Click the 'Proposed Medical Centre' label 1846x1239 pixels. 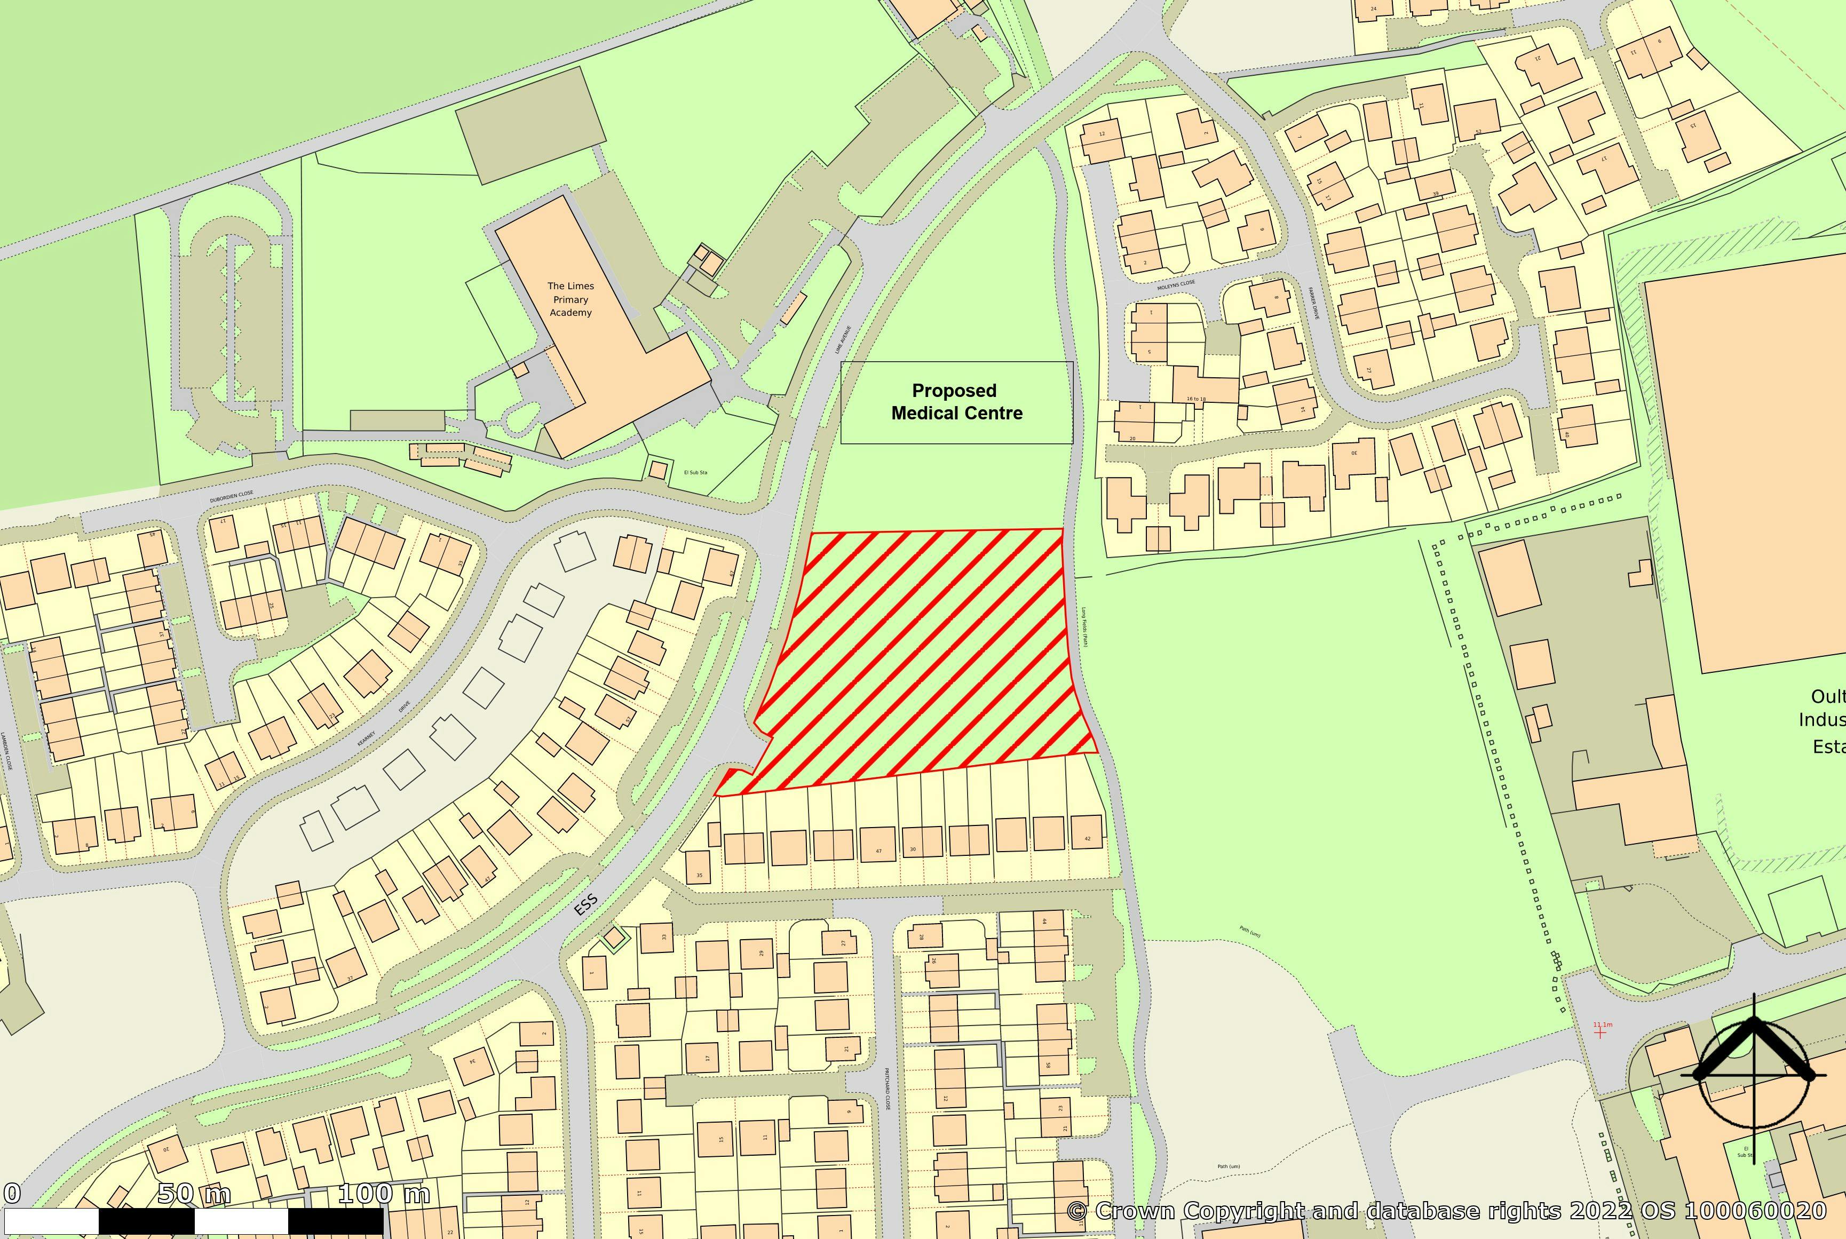956,401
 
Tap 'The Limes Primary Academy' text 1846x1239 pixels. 571,299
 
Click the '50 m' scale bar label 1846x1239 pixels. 194,1193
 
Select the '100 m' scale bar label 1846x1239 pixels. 385,1193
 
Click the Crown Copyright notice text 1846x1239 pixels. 1446,1211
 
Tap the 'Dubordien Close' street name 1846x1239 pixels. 232,497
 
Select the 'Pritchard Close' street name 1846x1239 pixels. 886,1091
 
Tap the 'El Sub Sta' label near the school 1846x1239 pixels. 695,473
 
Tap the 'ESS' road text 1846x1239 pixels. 585,905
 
